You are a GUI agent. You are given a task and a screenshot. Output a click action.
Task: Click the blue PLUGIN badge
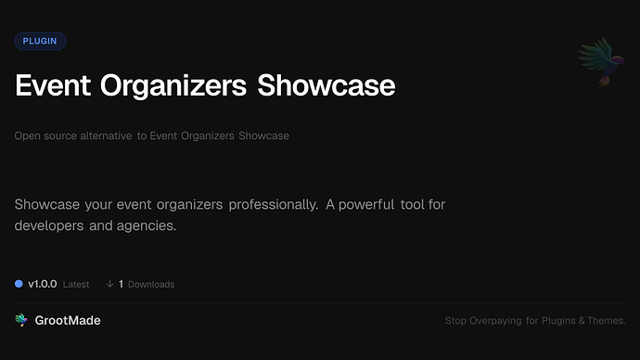pyautogui.click(x=40, y=41)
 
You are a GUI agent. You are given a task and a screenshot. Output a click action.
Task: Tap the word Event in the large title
pyautogui.click(x=55, y=85)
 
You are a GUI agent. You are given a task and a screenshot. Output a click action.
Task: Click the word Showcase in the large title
pyautogui.click(x=326, y=85)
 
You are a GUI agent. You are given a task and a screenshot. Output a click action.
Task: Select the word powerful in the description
pyautogui.click(x=378, y=203)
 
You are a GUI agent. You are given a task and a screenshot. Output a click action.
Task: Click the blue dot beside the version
pyautogui.click(x=19, y=284)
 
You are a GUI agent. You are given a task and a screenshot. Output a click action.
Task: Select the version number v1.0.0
pyautogui.click(x=42, y=284)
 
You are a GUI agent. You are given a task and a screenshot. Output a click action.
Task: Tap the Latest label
pyautogui.click(x=76, y=284)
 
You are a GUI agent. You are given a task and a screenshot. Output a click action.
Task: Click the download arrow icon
pyautogui.click(x=109, y=284)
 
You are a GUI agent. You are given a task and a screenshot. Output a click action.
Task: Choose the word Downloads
pyautogui.click(x=151, y=284)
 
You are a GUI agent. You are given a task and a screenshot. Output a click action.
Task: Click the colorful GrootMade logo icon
pyautogui.click(x=21, y=320)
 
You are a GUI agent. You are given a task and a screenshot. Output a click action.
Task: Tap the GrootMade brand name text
pyautogui.click(x=68, y=320)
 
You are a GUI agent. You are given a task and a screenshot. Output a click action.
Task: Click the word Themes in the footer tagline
pyautogui.click(x=606, y=321)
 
